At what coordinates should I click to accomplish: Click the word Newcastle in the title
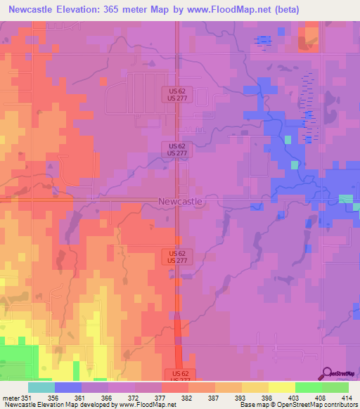click(x=34, y=10)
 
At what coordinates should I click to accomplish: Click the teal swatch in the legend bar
click(x=41, y=387)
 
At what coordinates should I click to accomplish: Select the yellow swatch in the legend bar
click(x=281, y=387)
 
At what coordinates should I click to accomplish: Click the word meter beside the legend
click(x=11, y=398)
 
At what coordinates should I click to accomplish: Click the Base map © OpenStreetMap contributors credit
click(x=297, y=405)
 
